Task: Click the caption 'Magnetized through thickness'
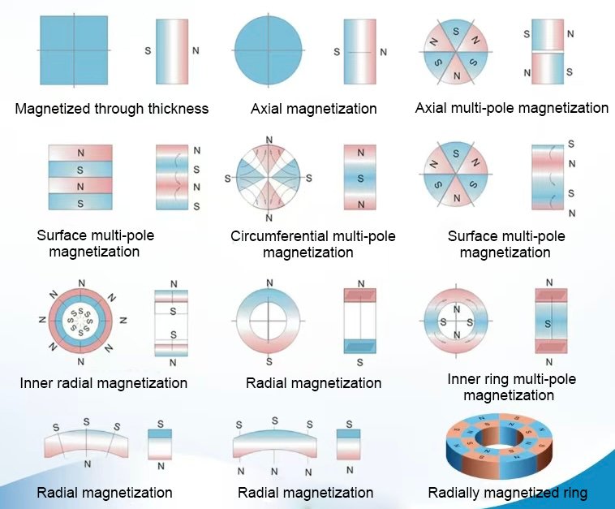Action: tap(111, 109)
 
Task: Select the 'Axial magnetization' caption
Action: tap(313, 109)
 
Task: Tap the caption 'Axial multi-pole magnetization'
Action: tap(511, 108)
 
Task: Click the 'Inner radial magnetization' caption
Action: tap(104, 382)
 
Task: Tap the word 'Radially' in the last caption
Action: tap(453, 493)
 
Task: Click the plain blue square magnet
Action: tap(73, 50)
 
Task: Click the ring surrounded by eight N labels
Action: tap(81, 323)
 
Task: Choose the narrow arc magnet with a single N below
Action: tap(87, 439)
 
